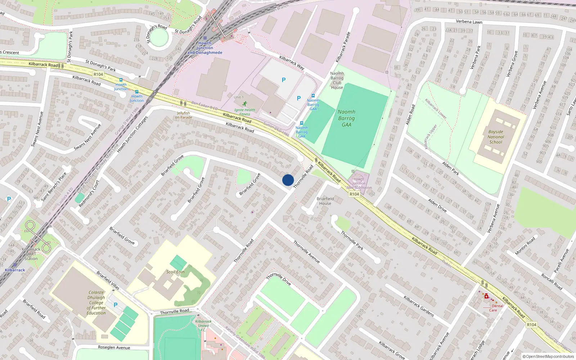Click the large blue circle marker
click(288, 180)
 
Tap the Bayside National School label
click(496, 137)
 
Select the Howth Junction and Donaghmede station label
click(205, 48)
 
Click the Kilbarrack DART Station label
click(31, 254)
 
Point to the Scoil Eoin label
click(175, 272)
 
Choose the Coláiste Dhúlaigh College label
click(96, 303)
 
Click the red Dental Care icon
click(486, 296)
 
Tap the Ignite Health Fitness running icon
click(245, 104)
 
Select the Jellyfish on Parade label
click(184, 115)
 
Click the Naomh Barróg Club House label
click(337, 80)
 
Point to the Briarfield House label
click(325, 201)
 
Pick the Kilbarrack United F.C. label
click(203, 325)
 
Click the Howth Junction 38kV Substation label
click(359, 183)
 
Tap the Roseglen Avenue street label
click(114, 347)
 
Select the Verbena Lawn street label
click(469, 22)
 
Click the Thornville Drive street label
click(279, 279)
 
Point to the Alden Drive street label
click(437, 205)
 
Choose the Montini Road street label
click(525, 246)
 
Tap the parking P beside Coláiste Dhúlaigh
click(116, 305)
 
